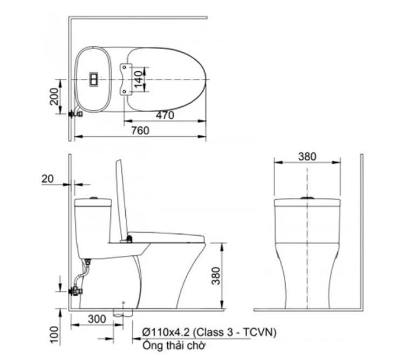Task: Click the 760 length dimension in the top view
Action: click(140, 131)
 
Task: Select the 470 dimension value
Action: click(165, 115)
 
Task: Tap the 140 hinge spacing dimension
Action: click(139, 79)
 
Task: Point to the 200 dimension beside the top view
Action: click(54, 96)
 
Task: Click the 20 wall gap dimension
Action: click(47, 179)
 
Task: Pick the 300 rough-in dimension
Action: click(97, 319)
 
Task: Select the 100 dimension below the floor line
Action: click(54, 334)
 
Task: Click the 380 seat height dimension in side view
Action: click(216, 276)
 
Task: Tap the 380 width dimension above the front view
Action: click(307, 157)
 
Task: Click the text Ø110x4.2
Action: click(166, 332)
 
